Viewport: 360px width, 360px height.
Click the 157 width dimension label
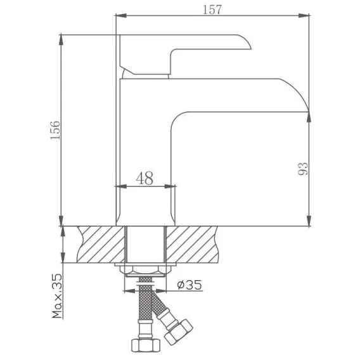212,10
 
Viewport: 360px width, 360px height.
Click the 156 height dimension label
55,130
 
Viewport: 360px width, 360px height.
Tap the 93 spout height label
303,169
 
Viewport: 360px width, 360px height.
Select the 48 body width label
145,178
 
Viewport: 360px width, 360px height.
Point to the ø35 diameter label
190,285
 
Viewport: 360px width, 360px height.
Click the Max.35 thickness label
57,296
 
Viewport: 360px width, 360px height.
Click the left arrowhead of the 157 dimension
120,16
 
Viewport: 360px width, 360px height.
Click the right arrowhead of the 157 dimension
304,16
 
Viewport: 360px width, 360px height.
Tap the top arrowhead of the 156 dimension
61,40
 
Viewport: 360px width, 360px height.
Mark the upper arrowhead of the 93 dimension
309,117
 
